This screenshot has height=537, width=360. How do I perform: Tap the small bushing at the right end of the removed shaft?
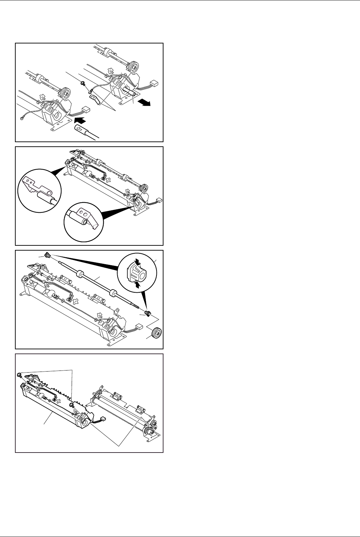tap(148, 314)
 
